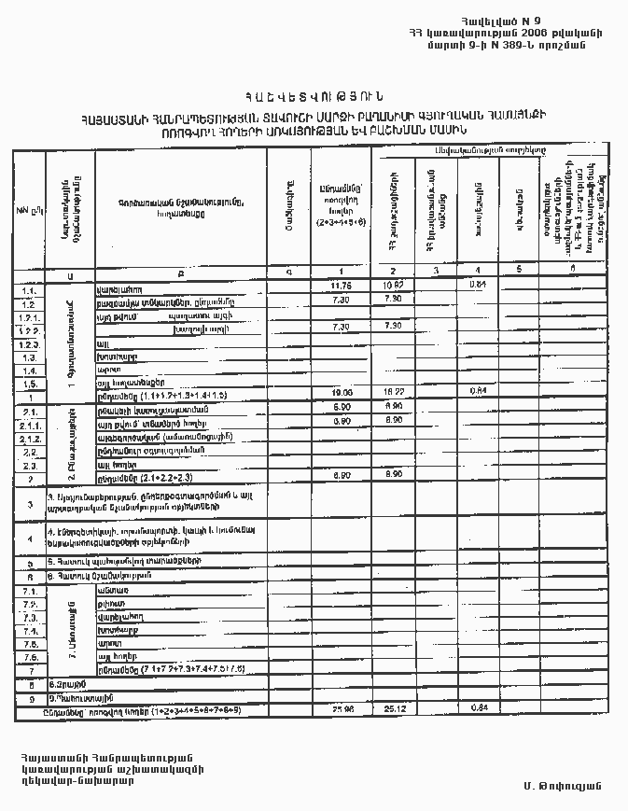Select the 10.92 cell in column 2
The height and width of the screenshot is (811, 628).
(x=394, y=284)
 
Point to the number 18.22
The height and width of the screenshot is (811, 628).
(x=394, y=394)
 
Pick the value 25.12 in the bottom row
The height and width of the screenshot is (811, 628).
(x=394, y=710)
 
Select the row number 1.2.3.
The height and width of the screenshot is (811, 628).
(x=27, y=343)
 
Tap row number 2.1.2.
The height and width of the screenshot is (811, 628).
(x=28, y=438)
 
